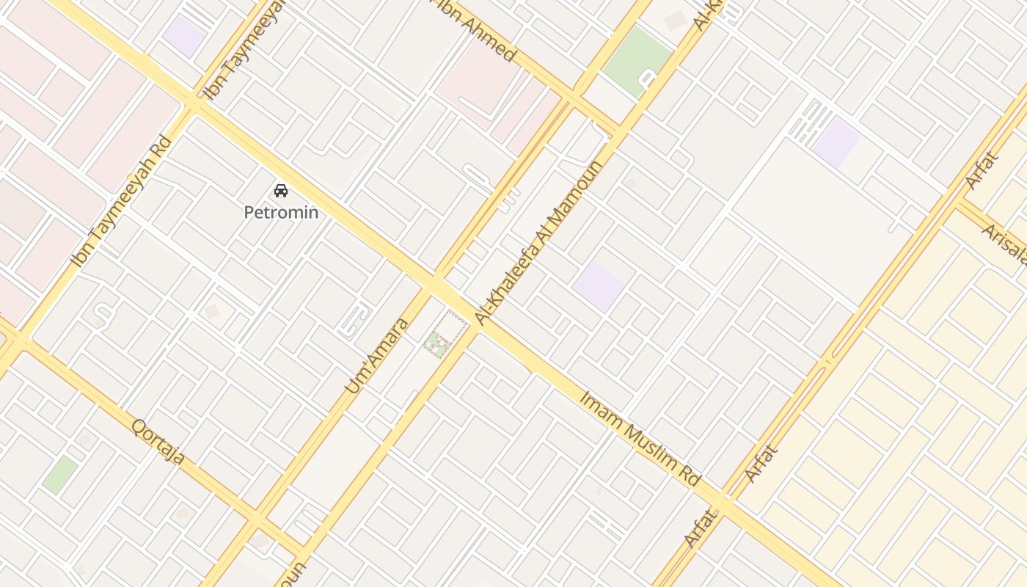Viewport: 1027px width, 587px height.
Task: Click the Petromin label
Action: click(281, 213)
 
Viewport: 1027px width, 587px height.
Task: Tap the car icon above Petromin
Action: click(281, 191)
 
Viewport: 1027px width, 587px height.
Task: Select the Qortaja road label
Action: click(158, 441)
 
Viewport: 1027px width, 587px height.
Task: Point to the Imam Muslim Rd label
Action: click(640, 438)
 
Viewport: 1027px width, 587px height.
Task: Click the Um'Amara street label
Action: click(376, 355)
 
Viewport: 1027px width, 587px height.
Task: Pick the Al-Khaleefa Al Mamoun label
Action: click(538, 242)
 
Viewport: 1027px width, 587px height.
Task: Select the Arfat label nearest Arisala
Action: click(982, 170)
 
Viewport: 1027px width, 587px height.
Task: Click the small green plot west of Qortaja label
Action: click(60, 475)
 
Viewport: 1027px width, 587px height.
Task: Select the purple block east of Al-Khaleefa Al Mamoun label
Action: click(599, 286)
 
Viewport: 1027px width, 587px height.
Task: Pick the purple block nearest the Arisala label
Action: click(836, 142)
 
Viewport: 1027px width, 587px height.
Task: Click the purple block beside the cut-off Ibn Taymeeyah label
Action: click(184, 37)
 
